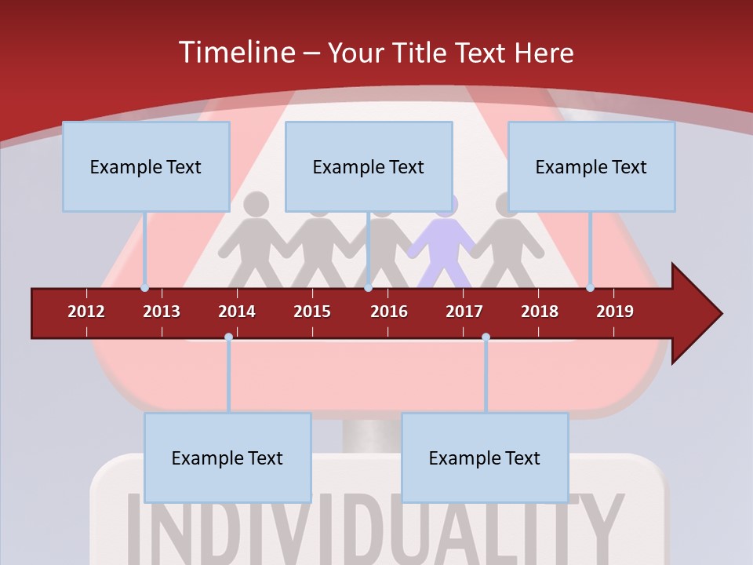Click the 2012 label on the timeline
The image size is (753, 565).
pyautogui.click(x=86, y=312)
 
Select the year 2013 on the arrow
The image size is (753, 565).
pyautogui.click(x=162, y=312)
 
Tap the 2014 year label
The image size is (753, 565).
pyautogui.click(x=237, y=312)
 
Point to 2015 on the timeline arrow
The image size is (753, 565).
pyautogui.click(x=312, y=312)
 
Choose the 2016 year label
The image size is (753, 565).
pyautogui.click(x=389, y=312)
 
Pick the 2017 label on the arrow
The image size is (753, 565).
pyautogui.click(x=464, y=312)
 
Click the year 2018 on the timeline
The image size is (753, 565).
pyautogui.click(x=540, y=312)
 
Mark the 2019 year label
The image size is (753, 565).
pyautogui.click(x=615, y=312)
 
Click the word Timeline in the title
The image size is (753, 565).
pyautogui.click(x=235, y=53)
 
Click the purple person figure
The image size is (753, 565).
pyautogui.click(x=446, y=243)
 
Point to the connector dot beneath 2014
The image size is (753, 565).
pyautogui.click(x=228, y=337)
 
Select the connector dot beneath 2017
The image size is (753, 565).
pyautogui.click(x=486, y=337)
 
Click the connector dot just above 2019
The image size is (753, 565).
pyautogui.click(x=591, y=287)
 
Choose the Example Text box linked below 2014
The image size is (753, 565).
pyautogui.click(x=227, y=457)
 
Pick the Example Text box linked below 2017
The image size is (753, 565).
pyautogui.click(x=485, y=457)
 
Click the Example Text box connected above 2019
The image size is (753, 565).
pyautogui.click(x=591, y=166)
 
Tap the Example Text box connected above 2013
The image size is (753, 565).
pyautogui.click(x=146, y=166)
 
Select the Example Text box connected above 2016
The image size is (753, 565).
pyautogui.click(x=369, y=166)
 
